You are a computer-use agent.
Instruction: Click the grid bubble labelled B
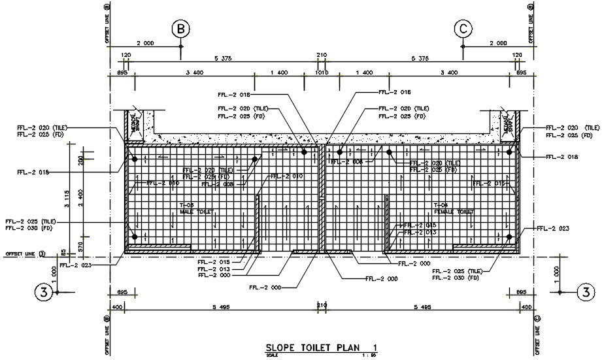click(x=181, y=29)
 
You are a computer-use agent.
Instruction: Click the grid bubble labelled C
click(x=463, y=29)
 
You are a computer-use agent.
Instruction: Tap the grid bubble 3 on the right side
click(x=588, y=292)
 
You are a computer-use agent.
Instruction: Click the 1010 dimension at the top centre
click(x=322, y=73)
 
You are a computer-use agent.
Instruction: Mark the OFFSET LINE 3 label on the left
click(x=25, y=254)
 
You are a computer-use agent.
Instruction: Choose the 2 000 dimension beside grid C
click(x=498, y=43)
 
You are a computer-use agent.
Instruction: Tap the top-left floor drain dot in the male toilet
click(x=134, y=159)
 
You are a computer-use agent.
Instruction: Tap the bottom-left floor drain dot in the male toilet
click(x=134, y=237)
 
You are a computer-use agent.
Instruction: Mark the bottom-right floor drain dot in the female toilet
click(x=509, y=237)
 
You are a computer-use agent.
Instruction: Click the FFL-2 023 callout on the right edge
click(x=554, y=229)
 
